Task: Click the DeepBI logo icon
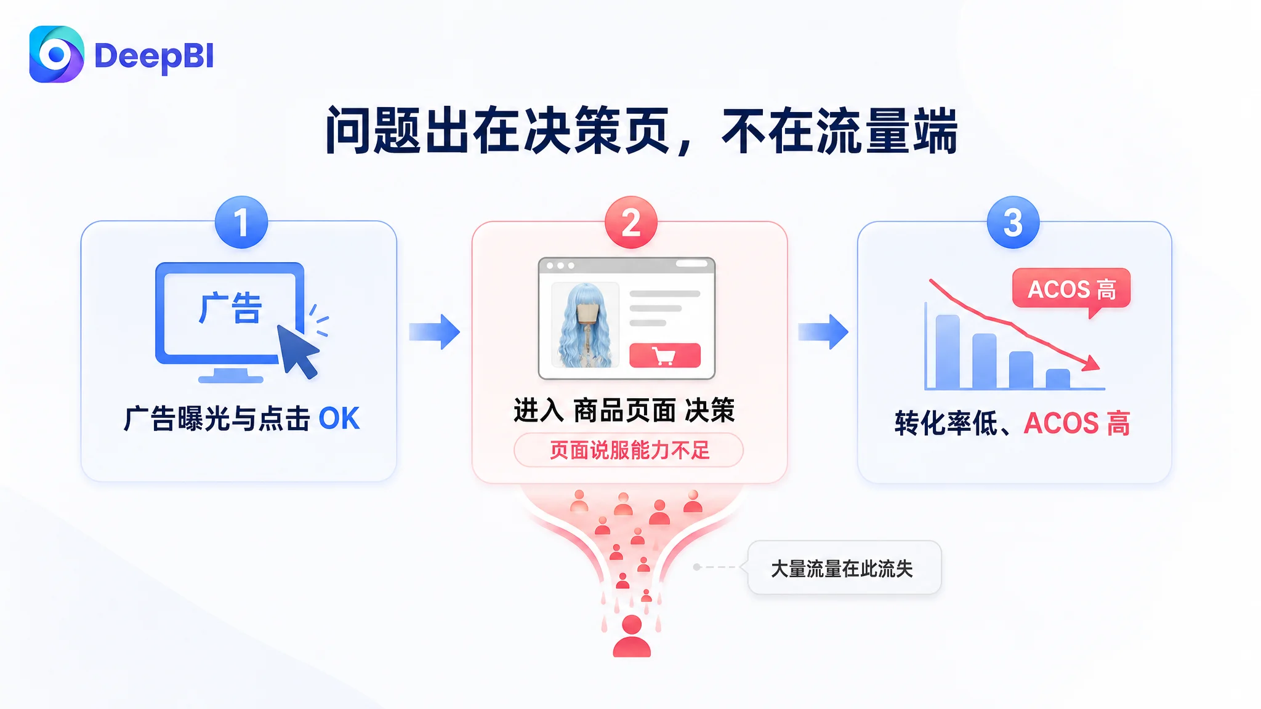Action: pos(57,54)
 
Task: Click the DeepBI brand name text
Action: pos(154,57)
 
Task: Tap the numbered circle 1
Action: pos(241,222)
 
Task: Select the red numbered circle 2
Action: pos(631,222)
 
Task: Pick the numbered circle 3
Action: pos(1013,222)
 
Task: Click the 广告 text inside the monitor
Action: pos(231,308)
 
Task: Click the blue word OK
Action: pos(339,419)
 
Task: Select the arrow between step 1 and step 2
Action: pos(435,332)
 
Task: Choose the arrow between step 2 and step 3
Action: pos(823,332)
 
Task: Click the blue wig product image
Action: pos(585,325)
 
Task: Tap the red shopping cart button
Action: pos(665,355)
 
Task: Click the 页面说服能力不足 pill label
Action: pos(629,450)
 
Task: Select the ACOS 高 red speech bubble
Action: pos(1071,289)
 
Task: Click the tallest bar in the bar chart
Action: pos(948,351)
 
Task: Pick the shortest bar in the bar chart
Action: pos(1058,379)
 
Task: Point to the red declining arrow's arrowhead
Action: pos(1092,363)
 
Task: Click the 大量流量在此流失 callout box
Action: pos(844,567)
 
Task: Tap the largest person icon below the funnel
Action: pos(632,636)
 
